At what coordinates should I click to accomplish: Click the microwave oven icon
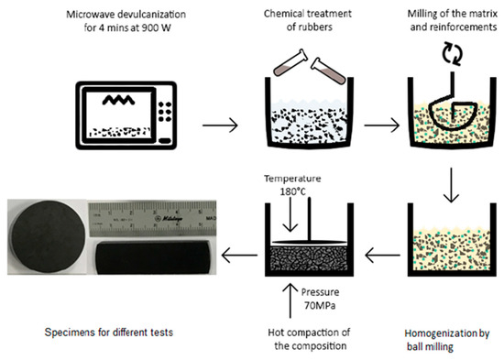126,115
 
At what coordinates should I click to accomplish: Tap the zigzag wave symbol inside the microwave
118,101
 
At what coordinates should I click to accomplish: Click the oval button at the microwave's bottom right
165,140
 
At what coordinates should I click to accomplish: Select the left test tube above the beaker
290,62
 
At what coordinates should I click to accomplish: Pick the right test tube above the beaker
328,71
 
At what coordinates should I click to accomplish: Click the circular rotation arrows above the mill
453,53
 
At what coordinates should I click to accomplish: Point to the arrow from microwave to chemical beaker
220,125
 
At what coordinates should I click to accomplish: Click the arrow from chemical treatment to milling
382,125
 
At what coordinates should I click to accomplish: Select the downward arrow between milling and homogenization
451,185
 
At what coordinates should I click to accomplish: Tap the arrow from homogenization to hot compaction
383,256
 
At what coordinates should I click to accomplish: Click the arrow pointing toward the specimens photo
239,256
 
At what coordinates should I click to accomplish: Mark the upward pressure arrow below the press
290,300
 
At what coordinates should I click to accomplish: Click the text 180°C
292,191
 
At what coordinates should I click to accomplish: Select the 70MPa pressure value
320,305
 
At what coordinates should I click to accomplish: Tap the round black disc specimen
49,236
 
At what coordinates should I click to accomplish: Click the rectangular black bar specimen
152,257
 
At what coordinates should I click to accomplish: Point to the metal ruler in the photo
152,218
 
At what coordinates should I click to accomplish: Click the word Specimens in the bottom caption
70,333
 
